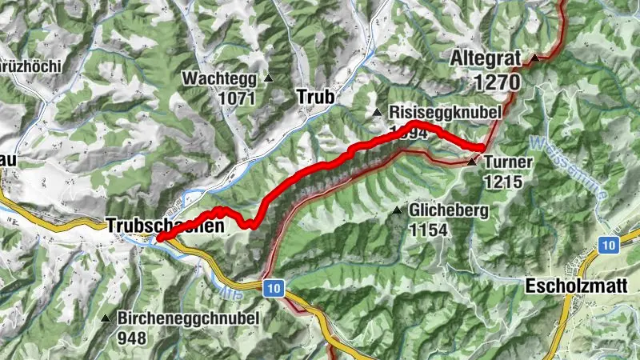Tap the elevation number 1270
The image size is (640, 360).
pyautogui.click(x=496, y=82)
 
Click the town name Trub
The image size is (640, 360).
pyautogui.click(x=314, y=97)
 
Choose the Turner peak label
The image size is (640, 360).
pyautogui.click(x=508, y=162)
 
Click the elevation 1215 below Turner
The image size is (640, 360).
pyautogui.click(x=502, y=182)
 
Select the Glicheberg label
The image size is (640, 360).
pyautogui.click(x=447, y=210)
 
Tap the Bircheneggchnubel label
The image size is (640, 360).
pyautogui.click(x=188, y=318)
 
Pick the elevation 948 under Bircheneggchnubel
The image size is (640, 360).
pyautogui.click(x=132, y=337)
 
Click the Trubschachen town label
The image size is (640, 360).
pyautogui.click(x=164, y=226)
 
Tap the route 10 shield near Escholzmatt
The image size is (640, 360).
pyautogui.click(x=610, y=245)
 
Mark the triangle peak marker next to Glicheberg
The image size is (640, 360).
pyautogui.click(x=397, y=210)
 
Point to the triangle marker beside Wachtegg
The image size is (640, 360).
pyautogui.click(x=269, y=78)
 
